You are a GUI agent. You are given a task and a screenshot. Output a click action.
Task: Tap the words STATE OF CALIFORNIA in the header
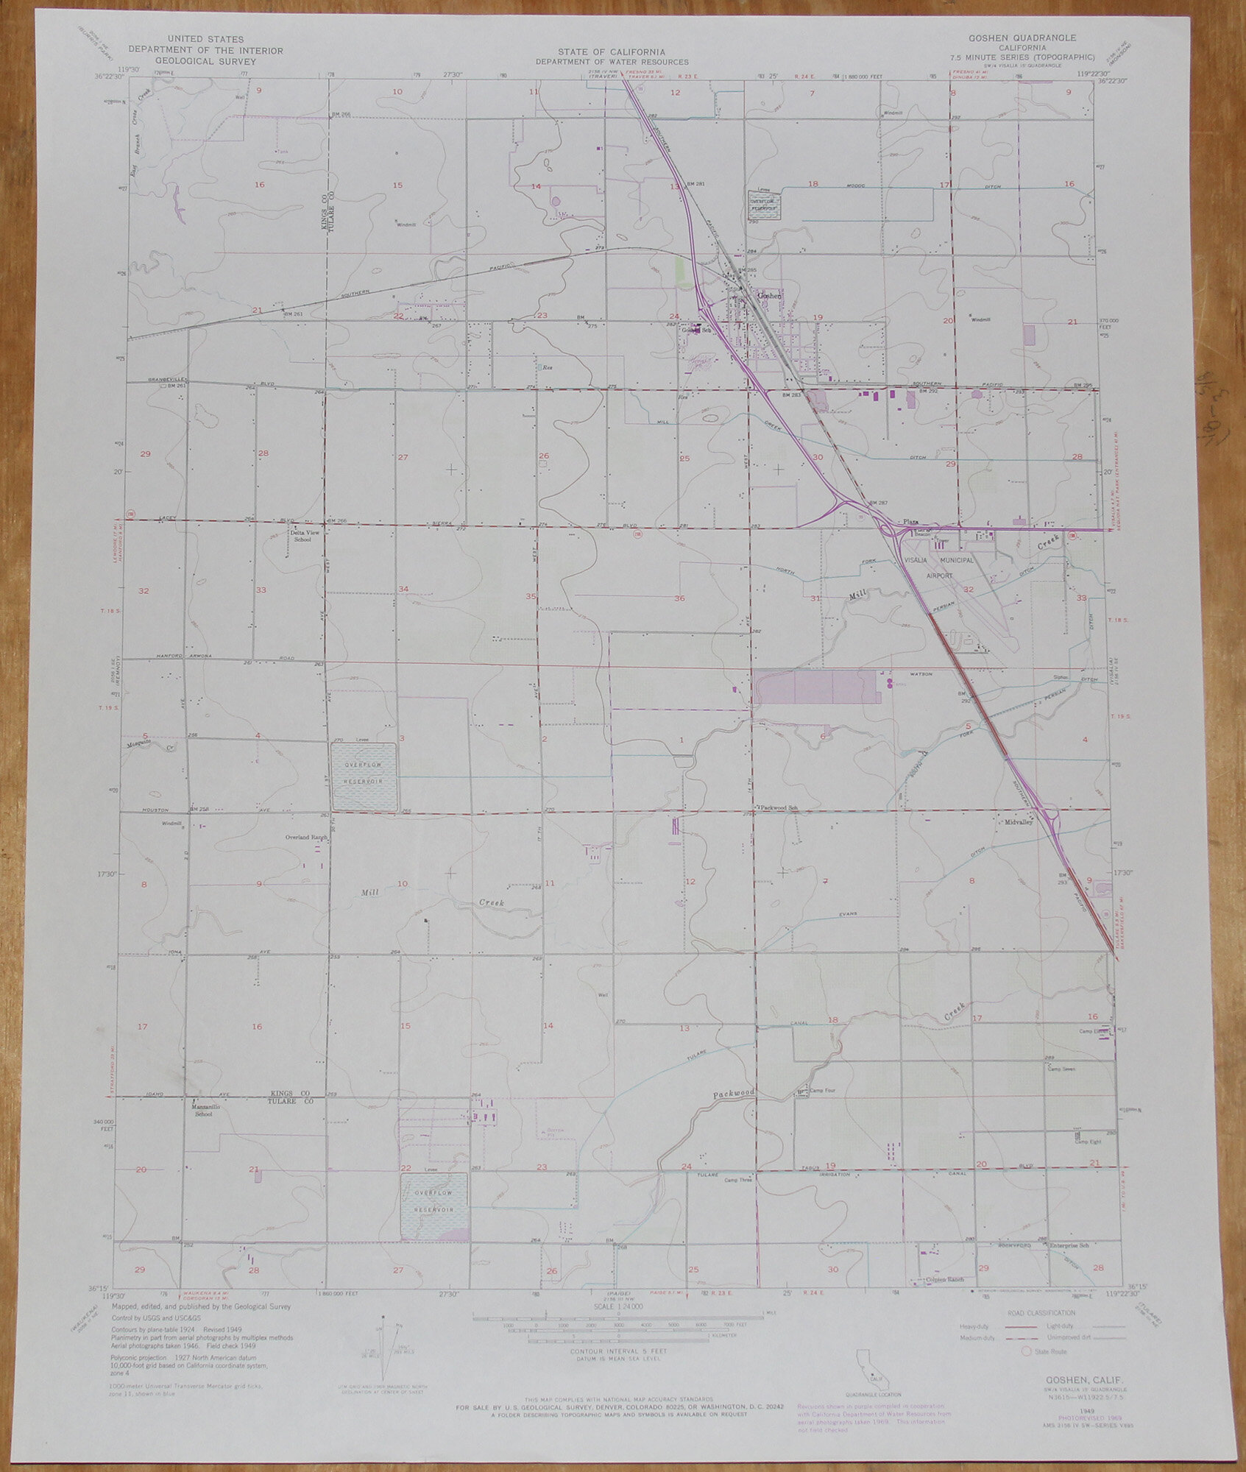611,52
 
